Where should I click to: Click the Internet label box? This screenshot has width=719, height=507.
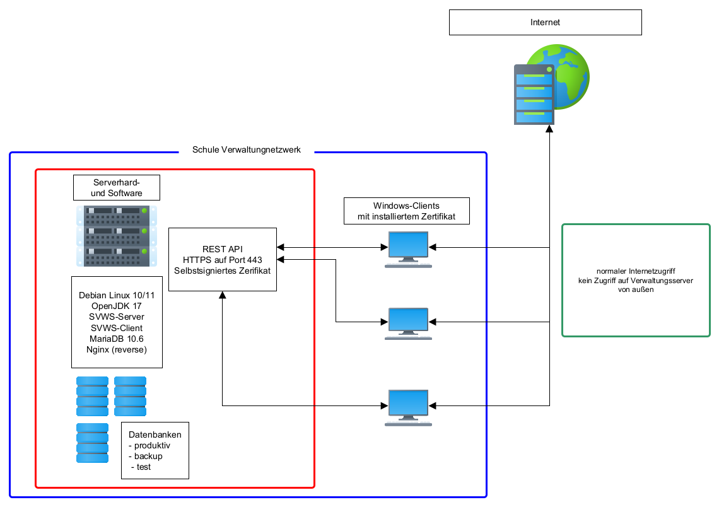pos(545,22)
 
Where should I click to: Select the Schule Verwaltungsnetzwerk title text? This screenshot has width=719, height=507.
pos(247,150)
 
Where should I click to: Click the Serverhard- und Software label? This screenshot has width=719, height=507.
pos(117,187)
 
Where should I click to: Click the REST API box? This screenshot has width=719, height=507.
pos(223,259)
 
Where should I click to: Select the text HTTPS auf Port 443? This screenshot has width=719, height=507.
pos(223,259)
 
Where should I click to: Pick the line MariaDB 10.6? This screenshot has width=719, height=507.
pos(117,339)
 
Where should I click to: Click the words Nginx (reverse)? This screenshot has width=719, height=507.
pos(117,349)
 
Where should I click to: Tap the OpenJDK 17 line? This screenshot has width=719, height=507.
pos(117,306)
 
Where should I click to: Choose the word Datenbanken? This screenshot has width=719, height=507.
pos(155,434)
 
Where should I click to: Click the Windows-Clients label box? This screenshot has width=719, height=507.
pos(407,211)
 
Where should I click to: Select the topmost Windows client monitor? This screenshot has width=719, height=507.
pos(409,246)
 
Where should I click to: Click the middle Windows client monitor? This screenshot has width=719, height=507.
pos(409,322)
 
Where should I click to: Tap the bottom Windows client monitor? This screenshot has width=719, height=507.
pos(409,404)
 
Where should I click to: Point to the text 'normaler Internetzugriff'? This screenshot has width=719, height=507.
pos(635,270)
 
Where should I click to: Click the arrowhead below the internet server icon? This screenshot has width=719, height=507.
pos(549,129)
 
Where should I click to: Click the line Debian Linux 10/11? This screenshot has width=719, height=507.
pos(117,295)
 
